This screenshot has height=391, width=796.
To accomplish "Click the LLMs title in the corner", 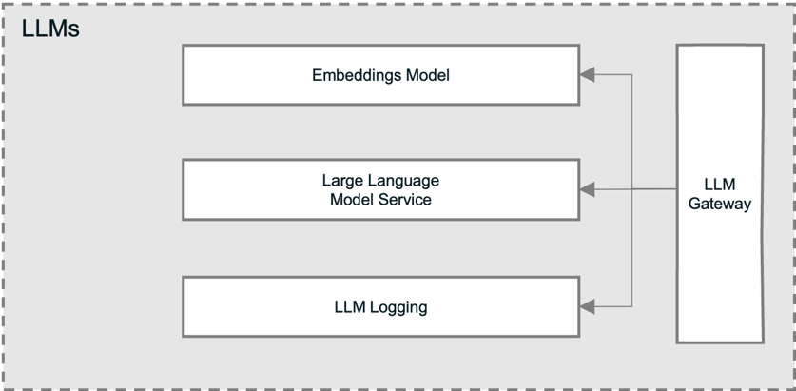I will [50, 29].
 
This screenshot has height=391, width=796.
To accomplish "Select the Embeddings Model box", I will [380, 75].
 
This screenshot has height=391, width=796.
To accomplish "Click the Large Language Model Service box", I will [380, 189].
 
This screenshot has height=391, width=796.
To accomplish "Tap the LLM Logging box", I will [380, 306].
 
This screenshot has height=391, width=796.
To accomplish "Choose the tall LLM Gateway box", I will [719, 193].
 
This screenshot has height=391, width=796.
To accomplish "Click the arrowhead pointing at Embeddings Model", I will [588, 74].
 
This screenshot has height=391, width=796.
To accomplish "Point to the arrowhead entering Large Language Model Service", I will [588, 190].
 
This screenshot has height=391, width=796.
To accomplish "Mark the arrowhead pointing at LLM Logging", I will [588, 306].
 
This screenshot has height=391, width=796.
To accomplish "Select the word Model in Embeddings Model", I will [426, 75].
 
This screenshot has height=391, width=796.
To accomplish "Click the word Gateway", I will [720, 204].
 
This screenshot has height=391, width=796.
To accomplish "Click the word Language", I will [404, 180].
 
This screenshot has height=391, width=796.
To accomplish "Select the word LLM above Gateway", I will [720, 184].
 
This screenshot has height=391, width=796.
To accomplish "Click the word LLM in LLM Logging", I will [349, 306].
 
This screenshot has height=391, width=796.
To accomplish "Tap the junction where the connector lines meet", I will [631, 190].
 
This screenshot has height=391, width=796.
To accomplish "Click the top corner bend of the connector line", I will [631, 74].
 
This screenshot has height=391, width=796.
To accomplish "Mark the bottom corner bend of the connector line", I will [631, 306].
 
